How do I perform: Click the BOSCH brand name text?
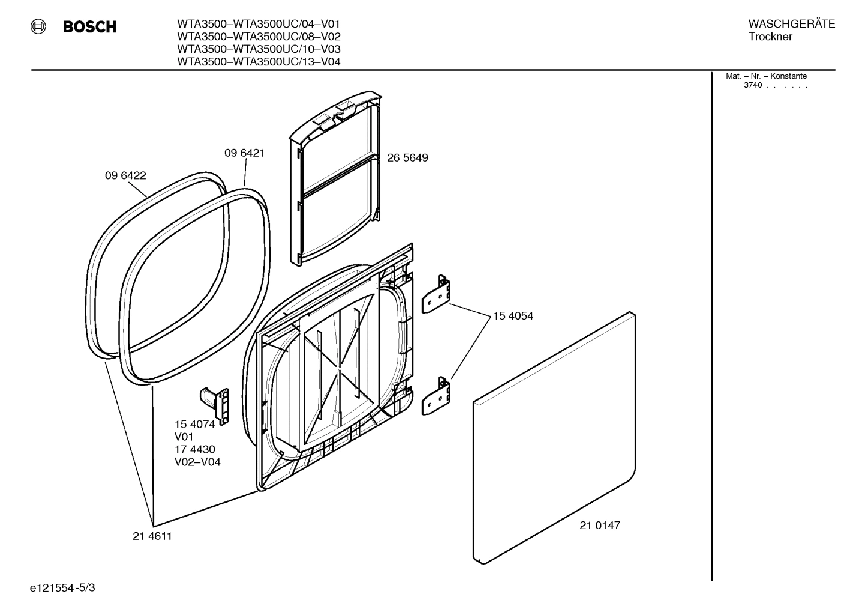[x=89, y=27]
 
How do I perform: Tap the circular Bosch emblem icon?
[x=38, y=26]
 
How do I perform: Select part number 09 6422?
[x=125, y=176]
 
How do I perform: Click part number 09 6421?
[x=244, y=153]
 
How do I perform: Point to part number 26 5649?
[x=407, y=158]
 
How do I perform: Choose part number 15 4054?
[x=513, y=316]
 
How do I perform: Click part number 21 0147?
[x=600, y=526]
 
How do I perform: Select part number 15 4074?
[x=194, y=425]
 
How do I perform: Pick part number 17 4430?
[x=194, y=450]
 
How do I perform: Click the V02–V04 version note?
[x=197, y=462]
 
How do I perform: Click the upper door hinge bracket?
[x=437, y=295]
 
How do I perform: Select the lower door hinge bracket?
[x=437, y=396]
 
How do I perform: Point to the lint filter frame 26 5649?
[x=336, y=180]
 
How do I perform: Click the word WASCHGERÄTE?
[x=791, y=24]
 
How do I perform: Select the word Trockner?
[x=770, y=37]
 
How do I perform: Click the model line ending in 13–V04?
[x=259, y=62]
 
